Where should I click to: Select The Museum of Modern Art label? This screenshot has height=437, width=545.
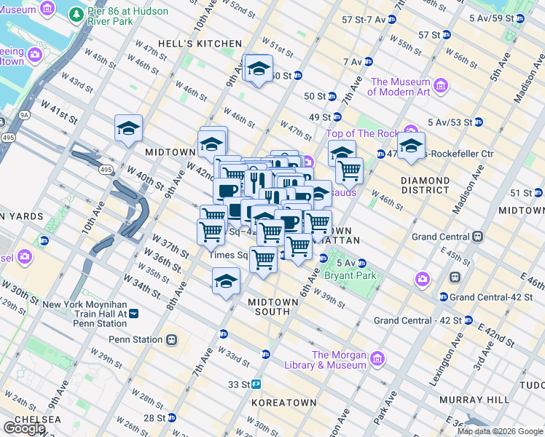click(399, 87)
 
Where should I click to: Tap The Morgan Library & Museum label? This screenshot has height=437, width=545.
click(339, 360)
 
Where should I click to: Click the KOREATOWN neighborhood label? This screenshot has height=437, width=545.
click(283, 402)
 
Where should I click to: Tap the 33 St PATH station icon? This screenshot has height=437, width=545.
click(256, 385)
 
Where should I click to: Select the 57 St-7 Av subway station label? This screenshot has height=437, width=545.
click(358, 19)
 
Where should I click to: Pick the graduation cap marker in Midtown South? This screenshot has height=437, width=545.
click(226, 281)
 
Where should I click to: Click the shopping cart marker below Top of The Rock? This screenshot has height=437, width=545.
click(349, 170)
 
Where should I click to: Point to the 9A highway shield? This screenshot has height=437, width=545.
click(24, 114)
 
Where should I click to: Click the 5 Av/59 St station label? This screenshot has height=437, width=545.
click(491, 17)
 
